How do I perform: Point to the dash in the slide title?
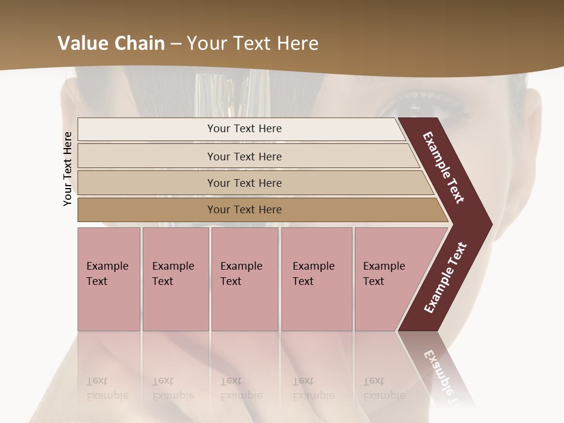click(x=176, y=44)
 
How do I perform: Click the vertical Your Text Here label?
click(x=68, y=169)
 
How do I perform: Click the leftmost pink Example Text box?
click(x=109, y=278)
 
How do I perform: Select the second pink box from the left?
click(x=175, y=278)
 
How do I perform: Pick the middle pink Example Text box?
click(x=244, y=278)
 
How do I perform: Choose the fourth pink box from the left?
click(x=316, y=278)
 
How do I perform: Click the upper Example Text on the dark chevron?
click(x=444, y=167)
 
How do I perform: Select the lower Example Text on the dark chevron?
click(x=445, y=278)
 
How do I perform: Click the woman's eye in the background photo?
click(x=414, y=107)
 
